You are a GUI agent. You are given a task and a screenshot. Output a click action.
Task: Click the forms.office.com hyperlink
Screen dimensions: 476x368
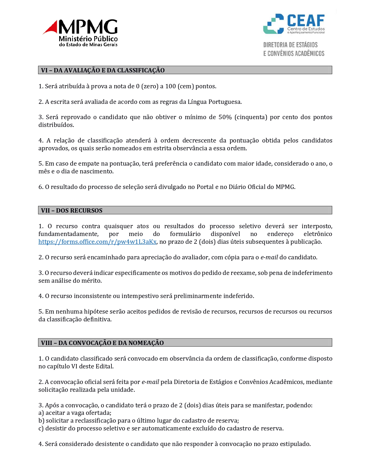tap(97, 242)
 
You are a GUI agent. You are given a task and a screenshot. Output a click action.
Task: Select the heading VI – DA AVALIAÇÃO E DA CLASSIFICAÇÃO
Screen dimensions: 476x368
tap(103, 70)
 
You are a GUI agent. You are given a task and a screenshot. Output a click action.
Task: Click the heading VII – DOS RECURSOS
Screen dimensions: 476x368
tap(72, 210)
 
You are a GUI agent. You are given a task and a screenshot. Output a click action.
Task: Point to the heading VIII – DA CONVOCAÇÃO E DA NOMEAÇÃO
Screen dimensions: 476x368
tap(102, 343)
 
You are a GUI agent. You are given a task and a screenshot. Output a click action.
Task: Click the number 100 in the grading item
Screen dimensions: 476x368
tap(170, 86)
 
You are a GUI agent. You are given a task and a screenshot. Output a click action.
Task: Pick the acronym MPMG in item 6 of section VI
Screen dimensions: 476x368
tap(285, 187)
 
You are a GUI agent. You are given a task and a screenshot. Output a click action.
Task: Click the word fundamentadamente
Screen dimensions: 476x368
tap(68, 234)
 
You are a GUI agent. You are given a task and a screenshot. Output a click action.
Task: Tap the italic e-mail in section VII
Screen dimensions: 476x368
tap(269, 257)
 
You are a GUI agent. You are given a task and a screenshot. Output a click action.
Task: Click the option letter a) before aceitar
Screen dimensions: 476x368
tap(41, 413)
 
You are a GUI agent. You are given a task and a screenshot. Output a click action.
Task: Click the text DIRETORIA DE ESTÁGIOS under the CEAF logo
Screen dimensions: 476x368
tap(290, 45)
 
